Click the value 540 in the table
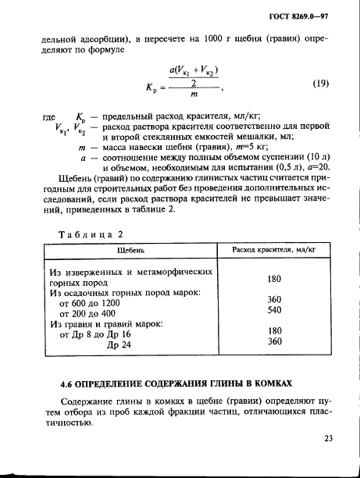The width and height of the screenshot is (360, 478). (273, 310)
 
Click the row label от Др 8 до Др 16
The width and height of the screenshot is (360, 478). (96, 334)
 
